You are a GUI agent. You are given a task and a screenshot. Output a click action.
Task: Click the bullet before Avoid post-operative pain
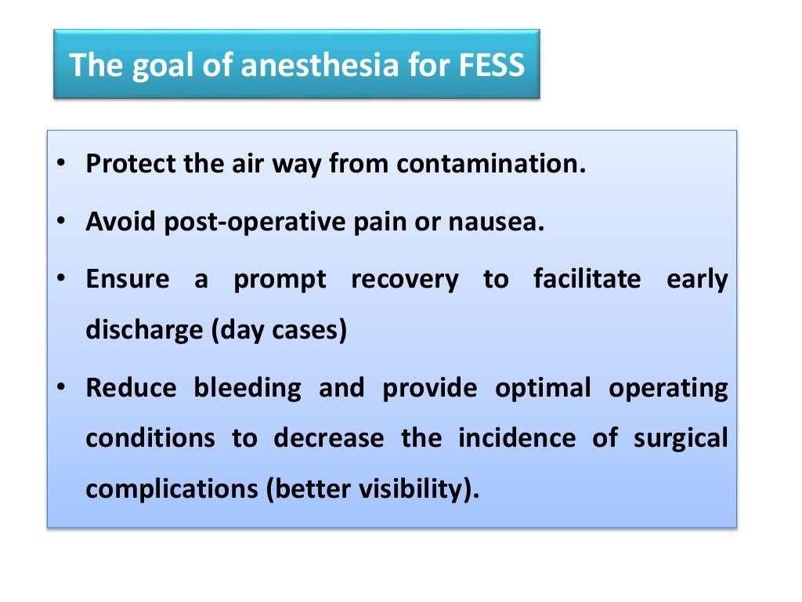(x=61, y=223)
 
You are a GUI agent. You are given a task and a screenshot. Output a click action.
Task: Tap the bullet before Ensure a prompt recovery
(x=61, y=280)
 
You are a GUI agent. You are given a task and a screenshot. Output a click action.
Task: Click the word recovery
(x=405, y=280)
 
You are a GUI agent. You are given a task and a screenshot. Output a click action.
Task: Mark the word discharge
(x=144, y=330)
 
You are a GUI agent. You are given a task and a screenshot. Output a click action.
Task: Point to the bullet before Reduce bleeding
(x=61, y=388)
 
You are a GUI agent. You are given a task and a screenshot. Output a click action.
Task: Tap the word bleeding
(x=247, y=388)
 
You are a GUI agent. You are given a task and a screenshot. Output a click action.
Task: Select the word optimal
(x=543, y=388)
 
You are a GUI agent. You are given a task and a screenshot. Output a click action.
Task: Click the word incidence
(x=517, y=437)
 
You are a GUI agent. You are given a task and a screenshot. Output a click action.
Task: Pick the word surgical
(x=681, y=437)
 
